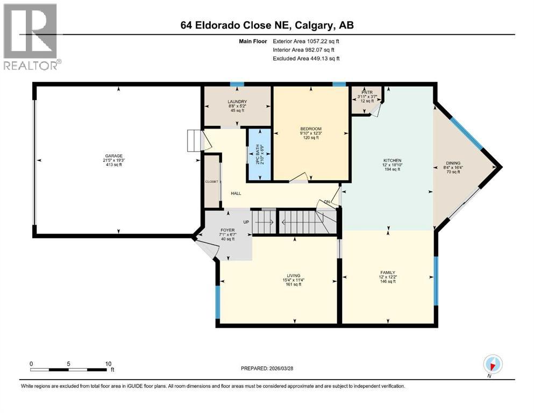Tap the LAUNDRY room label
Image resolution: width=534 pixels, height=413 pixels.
237,102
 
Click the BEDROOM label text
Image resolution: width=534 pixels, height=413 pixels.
311,129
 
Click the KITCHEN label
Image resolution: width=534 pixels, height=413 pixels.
392,160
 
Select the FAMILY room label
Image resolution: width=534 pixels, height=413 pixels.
388,273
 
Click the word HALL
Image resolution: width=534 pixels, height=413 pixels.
236,193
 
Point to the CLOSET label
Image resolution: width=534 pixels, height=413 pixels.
212,182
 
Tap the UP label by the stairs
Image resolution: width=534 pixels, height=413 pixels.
247,222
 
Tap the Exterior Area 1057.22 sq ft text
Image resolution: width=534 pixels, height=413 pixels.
306,41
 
